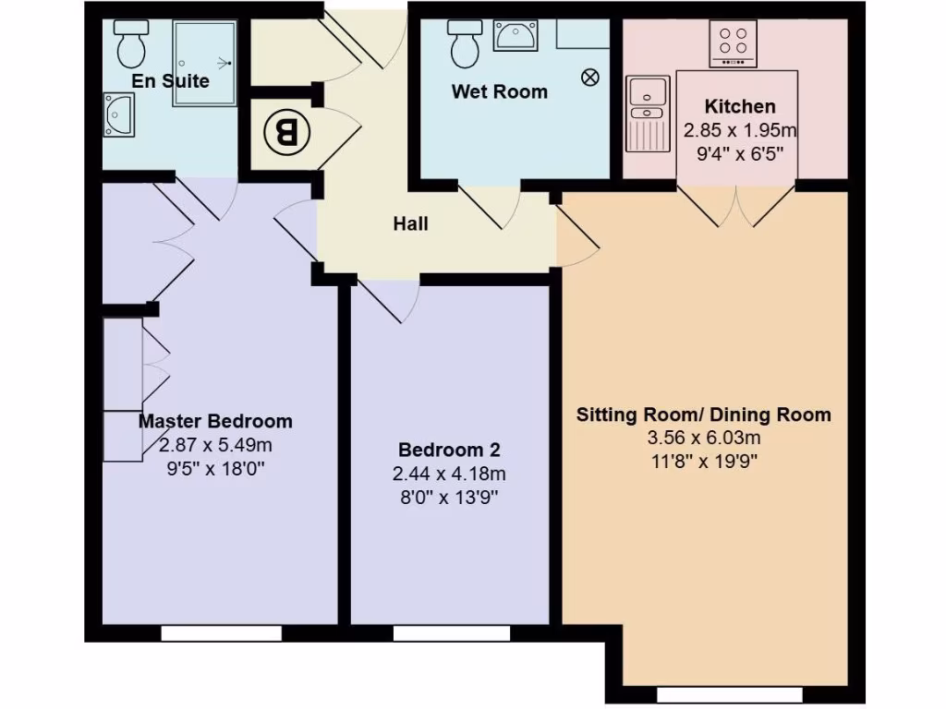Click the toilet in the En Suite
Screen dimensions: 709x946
point(130,40)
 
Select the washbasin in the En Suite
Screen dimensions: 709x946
point(119,114)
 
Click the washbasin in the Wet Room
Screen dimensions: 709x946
point(515,37)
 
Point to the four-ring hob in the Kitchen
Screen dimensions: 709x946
point(733,42)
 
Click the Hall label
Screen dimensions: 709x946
point(410,223)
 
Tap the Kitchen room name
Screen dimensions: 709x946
point(739,106)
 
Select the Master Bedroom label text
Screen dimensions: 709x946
point(215,422)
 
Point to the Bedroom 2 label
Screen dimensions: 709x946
point(449,451)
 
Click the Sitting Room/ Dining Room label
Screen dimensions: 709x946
point(703,415)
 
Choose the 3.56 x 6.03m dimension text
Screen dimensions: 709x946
point(703,438)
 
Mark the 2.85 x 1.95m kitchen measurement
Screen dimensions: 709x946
point(739,130)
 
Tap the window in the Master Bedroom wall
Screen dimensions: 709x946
point(221,633)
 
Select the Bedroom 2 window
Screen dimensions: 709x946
point(451,633)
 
